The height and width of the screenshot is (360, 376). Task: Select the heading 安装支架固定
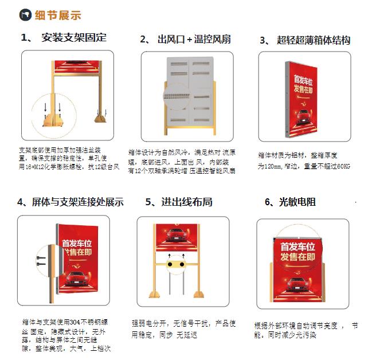pyautogui.click(x=74, y=38)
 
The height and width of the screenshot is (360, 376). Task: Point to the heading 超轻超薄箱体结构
pyautogui.click(x=313, y=40)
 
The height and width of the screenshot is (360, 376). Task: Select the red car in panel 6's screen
pyautogui.click(x=296, y=281)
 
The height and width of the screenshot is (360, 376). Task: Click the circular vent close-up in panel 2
pyautogui.click(x=178, y=98)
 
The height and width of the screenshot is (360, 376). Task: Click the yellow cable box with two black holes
pyautogui.click(x=177, y=265)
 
